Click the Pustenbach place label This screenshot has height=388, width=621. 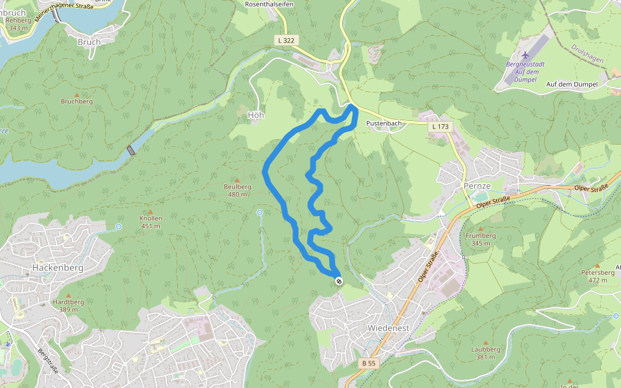pyautogui.click(x=384, y=123)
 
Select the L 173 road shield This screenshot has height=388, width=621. pyautogui.click(x=439, y=127)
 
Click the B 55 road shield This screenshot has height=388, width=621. pyautogui.click(x=369, y=363)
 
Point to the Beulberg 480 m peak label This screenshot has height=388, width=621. pyautogui.click(x=237, y=191)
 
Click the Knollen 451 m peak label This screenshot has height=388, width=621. pyautogui.click(x=151, y=222)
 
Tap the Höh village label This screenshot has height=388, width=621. pyautogui.click(x=256, y=114)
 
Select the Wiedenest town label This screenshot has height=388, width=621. pyautogui.click(x=388, y=329)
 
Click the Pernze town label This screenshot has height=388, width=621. pyautogui.click(x=477, y=186)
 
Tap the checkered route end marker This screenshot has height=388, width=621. pyautogui.click(x=339, y=281)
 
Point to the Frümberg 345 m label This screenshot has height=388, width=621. pyautogui.click(x=481, y=239)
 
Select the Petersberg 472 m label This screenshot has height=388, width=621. pyautogui.click(x=598, y=276)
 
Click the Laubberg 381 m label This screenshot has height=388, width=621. pyautogui.click(x=486, y=353)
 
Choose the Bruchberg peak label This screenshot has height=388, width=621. pyautogui.click(x=77, y=102)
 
